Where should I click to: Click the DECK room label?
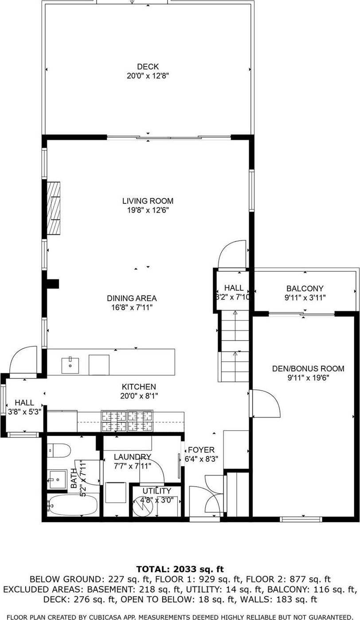[148, 66]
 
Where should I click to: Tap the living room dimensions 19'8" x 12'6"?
[148, 210]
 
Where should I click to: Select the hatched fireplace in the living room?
[54, 208]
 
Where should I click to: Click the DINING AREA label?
[132, 298]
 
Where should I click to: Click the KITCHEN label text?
[139, 387]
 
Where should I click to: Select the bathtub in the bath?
[73, 505]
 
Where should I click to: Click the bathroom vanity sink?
[58, 480]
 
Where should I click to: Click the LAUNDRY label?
[132, 457]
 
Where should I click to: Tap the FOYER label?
[201, 450]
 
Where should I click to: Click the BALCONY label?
[305, 289]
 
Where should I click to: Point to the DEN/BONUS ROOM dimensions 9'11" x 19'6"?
[308, 378]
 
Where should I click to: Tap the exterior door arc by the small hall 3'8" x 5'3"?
[23, 361]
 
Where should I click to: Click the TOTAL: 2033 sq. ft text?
[180, 569]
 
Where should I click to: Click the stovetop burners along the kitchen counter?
[127, 421]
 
